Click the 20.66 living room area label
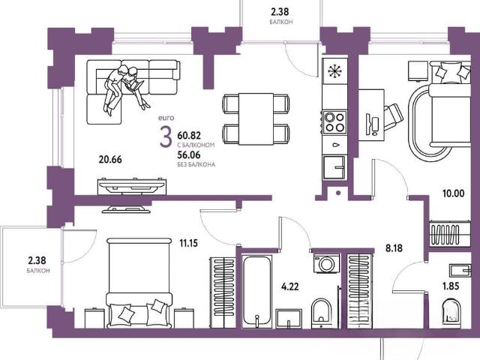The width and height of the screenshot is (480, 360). [x=110, y=160]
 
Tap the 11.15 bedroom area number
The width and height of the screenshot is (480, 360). [x=188, y=243]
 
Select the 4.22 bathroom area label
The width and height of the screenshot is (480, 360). [x=290, y=286]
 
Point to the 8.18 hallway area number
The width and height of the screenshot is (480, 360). [x=394, y=248]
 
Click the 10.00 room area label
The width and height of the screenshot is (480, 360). [x=453, y=193]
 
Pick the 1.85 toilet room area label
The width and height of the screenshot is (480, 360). [x=451, y=286]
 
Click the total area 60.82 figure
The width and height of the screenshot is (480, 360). [x=189, y=135]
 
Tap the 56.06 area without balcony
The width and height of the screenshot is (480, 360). [x=189, y=155]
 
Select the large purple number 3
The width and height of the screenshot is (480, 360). [x=166, y=137]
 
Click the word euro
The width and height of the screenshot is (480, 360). [x=166, y=118]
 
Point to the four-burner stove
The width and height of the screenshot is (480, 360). [x=335, y=122]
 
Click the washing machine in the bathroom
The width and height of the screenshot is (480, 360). [x=326, y=263]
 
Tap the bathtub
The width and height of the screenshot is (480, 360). [x=256, y=292]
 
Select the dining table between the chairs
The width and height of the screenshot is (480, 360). [x=256, y=118]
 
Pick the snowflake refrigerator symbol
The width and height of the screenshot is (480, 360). [x=335, y=71]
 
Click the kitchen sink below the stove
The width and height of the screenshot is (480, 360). [x=335, y=167]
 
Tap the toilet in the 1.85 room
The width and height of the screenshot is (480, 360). [x=451, y=310]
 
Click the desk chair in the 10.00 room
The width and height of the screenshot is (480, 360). [x=393, y=116]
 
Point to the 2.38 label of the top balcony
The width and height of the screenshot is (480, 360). [x=280, y=12]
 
